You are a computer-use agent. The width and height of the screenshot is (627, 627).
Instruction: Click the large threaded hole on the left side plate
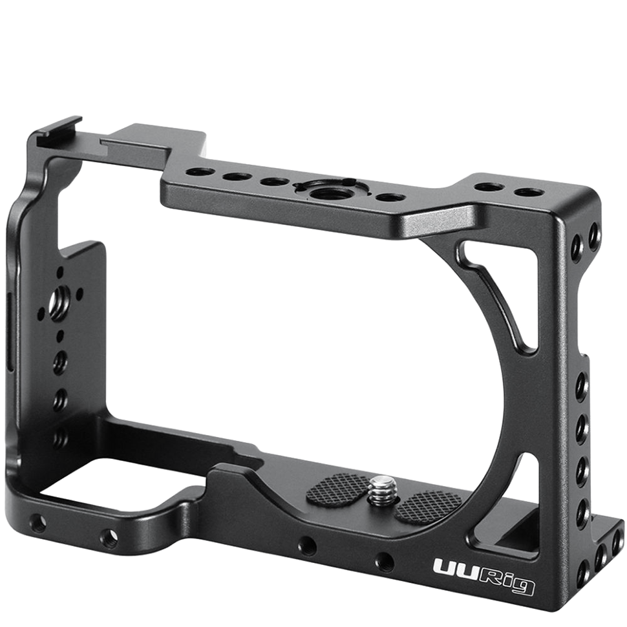(59, 299)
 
